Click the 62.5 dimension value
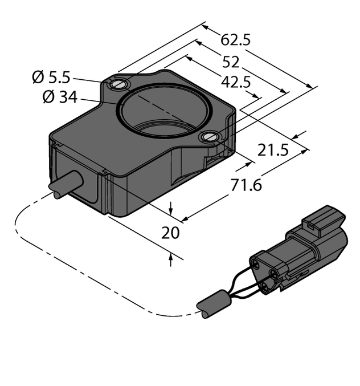click(x=235, y=40)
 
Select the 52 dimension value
click(x=231, y=62)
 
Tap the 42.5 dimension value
click(x=235, y=82)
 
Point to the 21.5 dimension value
click(x=273, y=151)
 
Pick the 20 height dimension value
click(x=171, y=233)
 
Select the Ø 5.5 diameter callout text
click(x=52, y=76)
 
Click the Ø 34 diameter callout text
click(x=59, y=97)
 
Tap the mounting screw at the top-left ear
click(x=118, y=85)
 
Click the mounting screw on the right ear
click(x=210, y=136)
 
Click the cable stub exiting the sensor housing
click(x=66, y=185)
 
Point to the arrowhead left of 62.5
click(x=207, y=28)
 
